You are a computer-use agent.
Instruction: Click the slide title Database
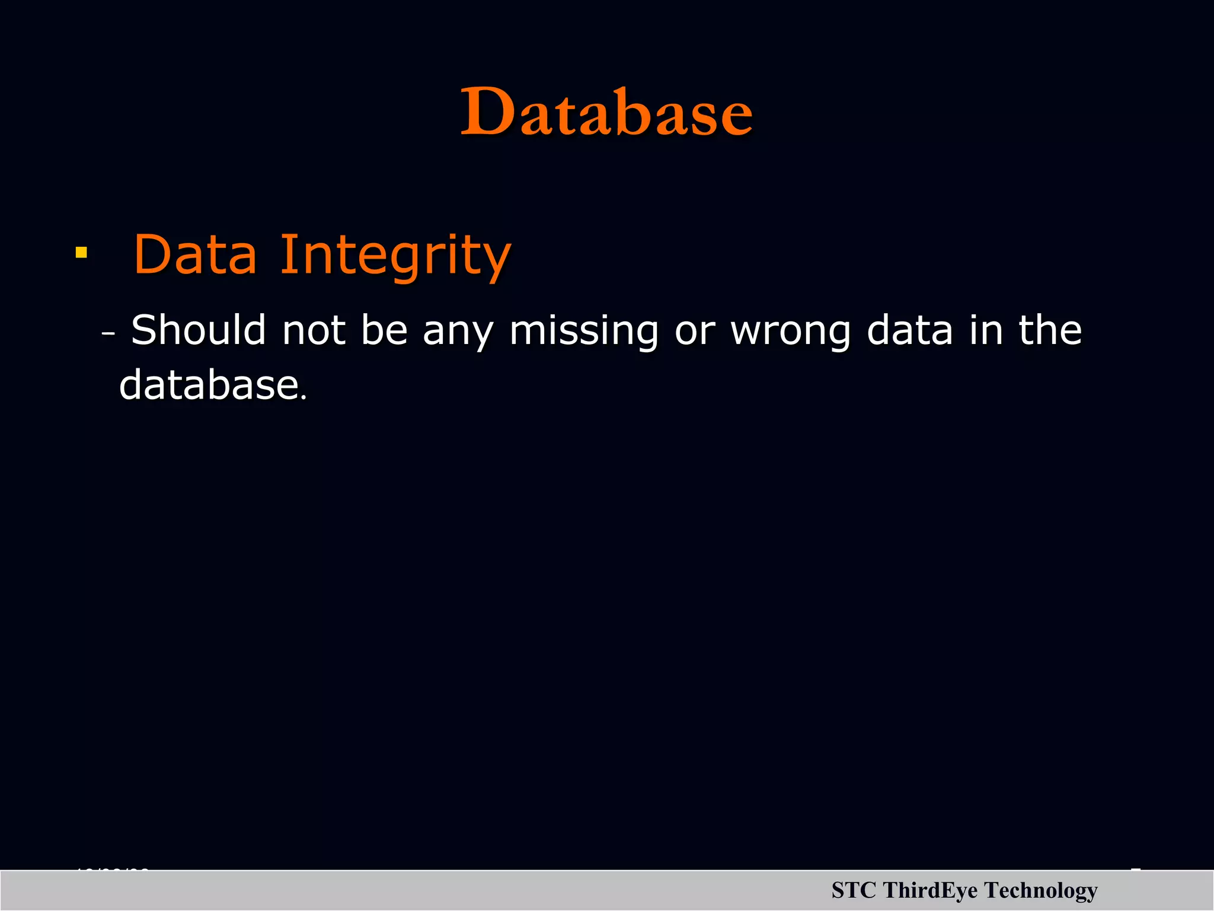click(x=606, y=112)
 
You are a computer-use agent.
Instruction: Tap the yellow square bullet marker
click(x=81, y=254)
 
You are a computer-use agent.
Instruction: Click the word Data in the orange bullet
click(x=195, y=254)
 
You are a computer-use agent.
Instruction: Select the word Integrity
click(x=395, y=256)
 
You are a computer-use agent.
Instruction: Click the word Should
click(x=198, y=330)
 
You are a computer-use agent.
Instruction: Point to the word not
click(x=314, y=331)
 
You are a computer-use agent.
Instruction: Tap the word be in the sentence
click(x=384, y=330)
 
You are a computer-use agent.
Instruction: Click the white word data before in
click(x=909, y=330)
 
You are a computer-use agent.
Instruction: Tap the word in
click(x=986, y=330)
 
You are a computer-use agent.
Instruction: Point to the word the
click(x=1050, y=330)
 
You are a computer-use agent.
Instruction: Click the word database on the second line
click(x=209, y=385)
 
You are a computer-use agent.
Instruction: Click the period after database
click(x=304, y=399)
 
